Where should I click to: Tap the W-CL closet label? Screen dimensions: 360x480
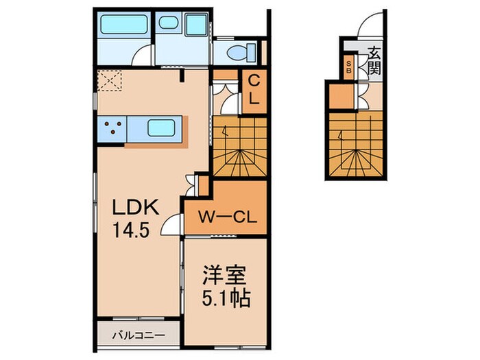pyautogui.click(x=226, y=219)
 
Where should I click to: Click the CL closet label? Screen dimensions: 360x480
pyautogui.click(x=253, y=89)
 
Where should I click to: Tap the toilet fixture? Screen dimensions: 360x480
pyautogui.click(x=243, y=51)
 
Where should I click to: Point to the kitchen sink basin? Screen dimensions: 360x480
pyautogui.click(x=163, y=126)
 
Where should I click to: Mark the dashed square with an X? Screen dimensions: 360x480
pyautogui.click(x=110, y=80)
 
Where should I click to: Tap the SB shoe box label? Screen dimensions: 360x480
pyautogui.click(x=349, y=67)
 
